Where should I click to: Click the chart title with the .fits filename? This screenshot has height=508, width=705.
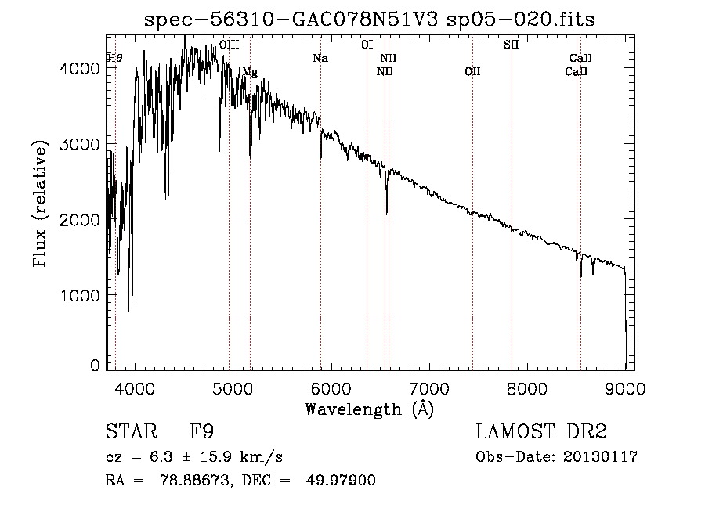pos(370,20)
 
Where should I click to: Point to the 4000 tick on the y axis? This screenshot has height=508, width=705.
pos(81,69)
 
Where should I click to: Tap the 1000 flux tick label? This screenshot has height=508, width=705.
pos(81,295)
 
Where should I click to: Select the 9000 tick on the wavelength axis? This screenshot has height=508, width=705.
pos(625,387)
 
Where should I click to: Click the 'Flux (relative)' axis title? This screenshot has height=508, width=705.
pos(40,204)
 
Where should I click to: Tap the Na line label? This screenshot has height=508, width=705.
pos(320,59)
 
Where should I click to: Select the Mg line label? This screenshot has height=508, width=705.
pos(250,72)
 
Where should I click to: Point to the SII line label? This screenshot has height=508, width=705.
pos(511,45)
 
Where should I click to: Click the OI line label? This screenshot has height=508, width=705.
pos(367,45)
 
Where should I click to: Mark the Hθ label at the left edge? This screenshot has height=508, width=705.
pos(115,58)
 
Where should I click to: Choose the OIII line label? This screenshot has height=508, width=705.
pos(229,45)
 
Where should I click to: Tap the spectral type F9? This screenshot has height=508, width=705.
pos(202,432)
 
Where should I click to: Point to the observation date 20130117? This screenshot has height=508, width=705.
pos(601,457)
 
